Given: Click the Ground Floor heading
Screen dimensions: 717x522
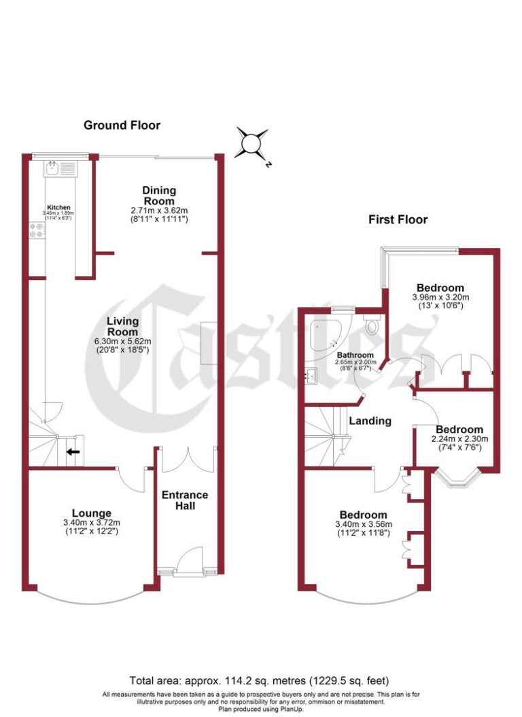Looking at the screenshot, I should tap(122, 125).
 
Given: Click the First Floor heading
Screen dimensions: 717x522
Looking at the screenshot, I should tap(398, 219).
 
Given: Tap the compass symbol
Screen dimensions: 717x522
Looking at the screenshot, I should tap(251, 144).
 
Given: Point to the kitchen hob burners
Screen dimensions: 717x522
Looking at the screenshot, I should tap(37, 231).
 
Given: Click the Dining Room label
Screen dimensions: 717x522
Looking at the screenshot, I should tap(159, 196).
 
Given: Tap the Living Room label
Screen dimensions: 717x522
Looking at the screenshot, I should tap(122, 327).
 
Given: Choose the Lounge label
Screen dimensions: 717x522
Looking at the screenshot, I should tap(92, 513).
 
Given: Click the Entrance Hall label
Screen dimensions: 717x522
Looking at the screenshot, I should tap(185, 500).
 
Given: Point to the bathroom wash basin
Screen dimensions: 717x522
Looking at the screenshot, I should tap(314, 373).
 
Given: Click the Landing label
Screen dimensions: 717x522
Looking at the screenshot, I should tap(370, 421).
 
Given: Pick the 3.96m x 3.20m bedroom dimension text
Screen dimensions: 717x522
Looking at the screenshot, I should tap(440, 297).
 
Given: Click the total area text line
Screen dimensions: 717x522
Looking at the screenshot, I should tap(260, 680).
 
